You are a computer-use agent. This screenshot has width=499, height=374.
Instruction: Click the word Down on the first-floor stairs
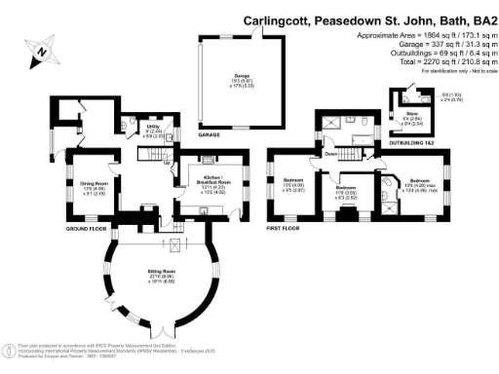click(x=331, y=153)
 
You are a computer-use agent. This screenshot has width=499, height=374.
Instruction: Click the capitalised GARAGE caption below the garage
click(x=208, y=135)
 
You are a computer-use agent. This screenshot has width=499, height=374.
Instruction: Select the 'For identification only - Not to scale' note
click(x=456, y=72)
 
